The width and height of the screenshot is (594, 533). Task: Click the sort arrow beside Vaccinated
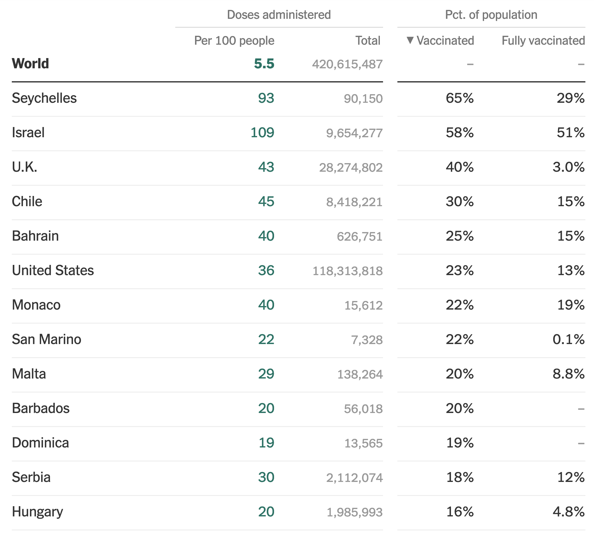click(x=410, y=40)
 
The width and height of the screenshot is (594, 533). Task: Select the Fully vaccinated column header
click(x=543, y=41)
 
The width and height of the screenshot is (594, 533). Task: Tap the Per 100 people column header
click(x=234, y=41)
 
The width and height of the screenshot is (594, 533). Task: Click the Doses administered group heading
click(x=279, y=15)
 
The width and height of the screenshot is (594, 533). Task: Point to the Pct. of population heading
click(x=491, y=15)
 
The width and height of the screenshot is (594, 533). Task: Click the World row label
click(x=31, y=64)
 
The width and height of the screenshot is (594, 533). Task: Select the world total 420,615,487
click(x=347, y=64)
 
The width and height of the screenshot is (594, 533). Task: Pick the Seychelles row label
click(x=44, y=98)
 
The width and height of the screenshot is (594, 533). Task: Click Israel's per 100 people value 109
click(x=262, y=132)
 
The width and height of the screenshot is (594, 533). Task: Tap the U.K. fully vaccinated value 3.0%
click(x=569, y=167)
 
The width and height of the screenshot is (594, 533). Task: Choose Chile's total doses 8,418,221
click(x=354, y=202)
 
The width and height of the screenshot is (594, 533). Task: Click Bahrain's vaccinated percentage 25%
click(x=460, y=236)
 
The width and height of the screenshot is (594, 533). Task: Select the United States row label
click(x=53, y=270)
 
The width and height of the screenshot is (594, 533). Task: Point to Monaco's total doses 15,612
click(x=363, y=305)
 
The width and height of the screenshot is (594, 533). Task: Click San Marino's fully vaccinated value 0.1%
click(x=569, y=339)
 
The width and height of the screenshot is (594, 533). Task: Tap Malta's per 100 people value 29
click(x=266, y=374)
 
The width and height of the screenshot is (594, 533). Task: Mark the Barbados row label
click(x=41, y=408)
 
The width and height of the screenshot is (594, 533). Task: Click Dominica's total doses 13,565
click(x=363, y=443)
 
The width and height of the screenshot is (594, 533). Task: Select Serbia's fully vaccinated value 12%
click(x=571, y=477)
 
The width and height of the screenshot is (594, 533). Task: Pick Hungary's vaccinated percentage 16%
click(x=460, y=512)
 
